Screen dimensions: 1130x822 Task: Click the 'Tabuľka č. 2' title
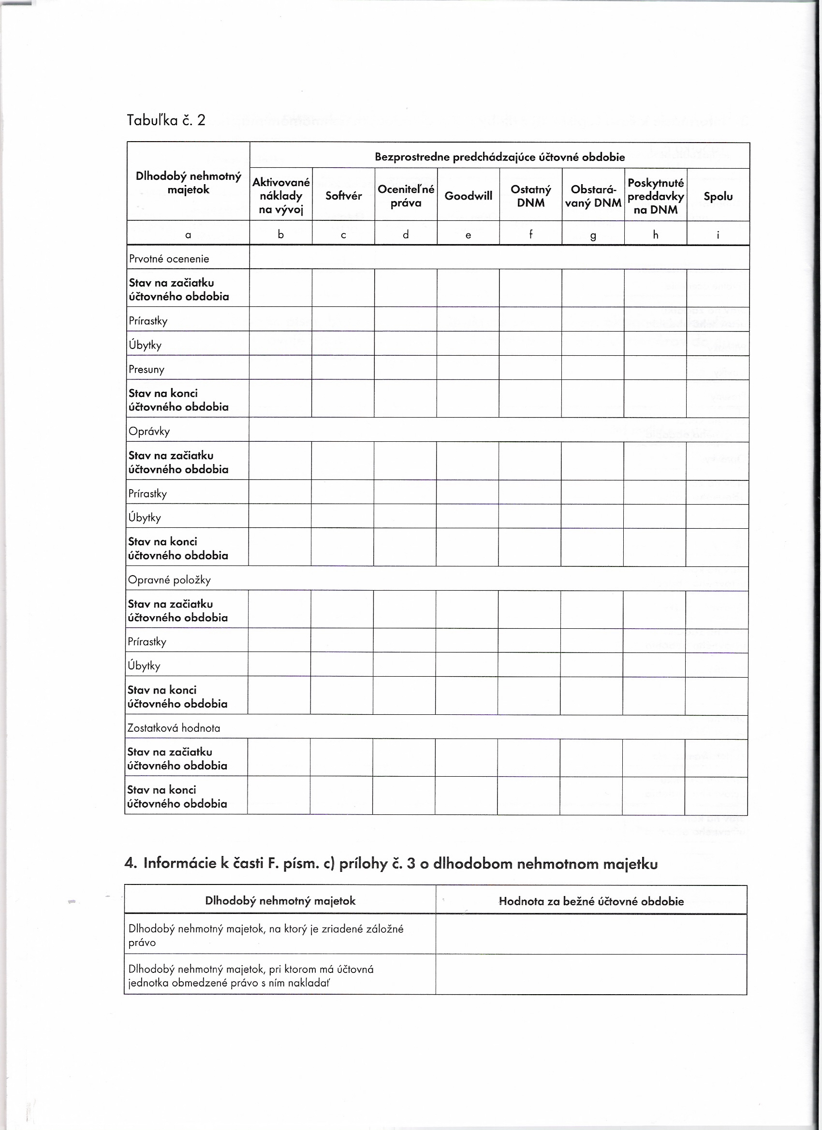[x=165, y=120]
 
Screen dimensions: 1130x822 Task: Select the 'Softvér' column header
[x=343, y=196]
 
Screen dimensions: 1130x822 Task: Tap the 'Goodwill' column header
[x=468, y=196]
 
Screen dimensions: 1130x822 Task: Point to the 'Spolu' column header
[x=718, y=196]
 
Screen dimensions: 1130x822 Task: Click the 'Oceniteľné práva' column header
[x=406, y=196]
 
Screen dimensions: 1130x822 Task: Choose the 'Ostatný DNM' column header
[x=530, y=196]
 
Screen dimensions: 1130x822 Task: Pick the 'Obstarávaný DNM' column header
[x=593, y=196]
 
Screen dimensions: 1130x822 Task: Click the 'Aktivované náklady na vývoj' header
[x=280, y=196]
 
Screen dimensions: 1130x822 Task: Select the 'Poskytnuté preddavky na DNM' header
[x=655, y=196]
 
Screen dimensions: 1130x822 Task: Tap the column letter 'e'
[x=468, y=235]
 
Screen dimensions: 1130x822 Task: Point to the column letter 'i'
[x=718, y=235]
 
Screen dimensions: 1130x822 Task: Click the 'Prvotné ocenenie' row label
[x=169, y=259]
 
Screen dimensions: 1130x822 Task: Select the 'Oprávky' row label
[x=149, y=431]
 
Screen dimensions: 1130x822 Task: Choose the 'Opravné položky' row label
[x=169, y=579]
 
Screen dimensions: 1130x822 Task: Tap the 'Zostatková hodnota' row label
[x=174, y=728]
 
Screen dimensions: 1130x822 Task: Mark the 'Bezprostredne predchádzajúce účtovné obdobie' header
[x=499, y=157]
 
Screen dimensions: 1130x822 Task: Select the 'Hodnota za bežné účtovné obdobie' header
[x=591, y=901]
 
